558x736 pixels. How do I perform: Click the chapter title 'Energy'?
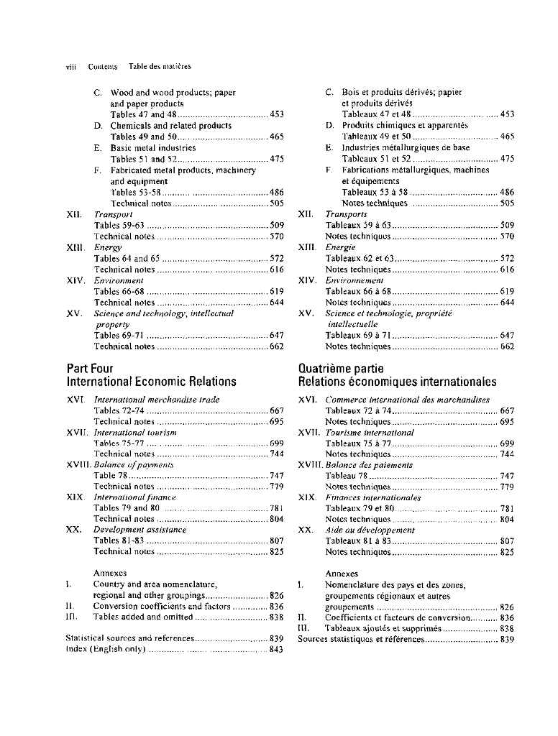tap(108, 247)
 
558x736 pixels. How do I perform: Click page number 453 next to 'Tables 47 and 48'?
tap(276, 114)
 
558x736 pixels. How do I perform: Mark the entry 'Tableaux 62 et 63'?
tap(360, 258)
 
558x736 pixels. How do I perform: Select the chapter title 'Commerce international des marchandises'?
tap(407, 400)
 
